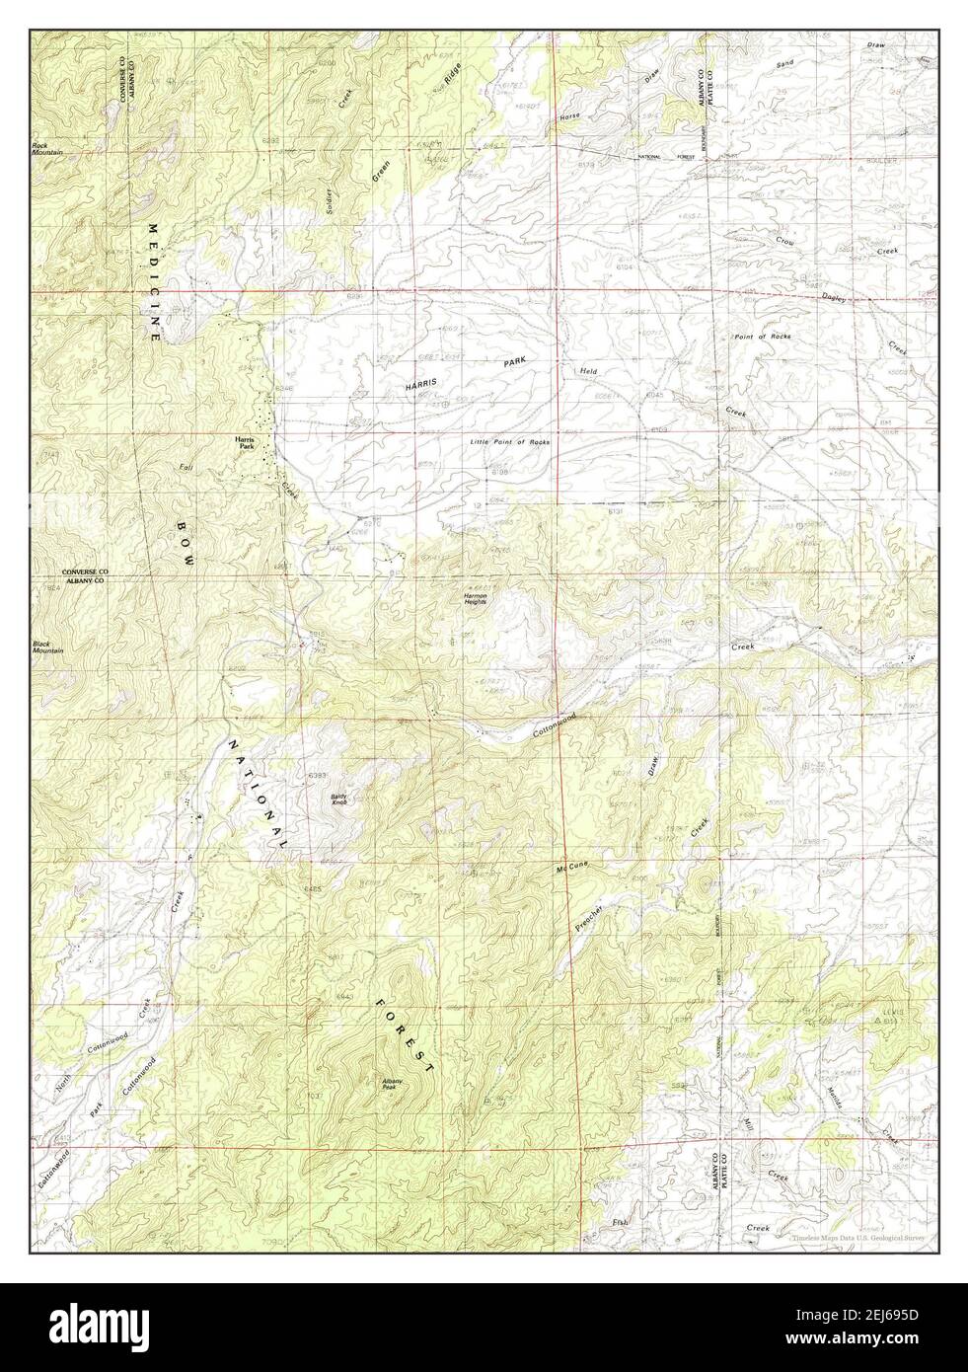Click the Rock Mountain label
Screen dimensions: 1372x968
point(46,149)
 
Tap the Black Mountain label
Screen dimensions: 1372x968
point(47,647)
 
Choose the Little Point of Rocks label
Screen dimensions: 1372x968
point(509,441)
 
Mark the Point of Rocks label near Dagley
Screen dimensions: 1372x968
point(762,337)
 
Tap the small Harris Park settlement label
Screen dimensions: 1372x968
point(244,443)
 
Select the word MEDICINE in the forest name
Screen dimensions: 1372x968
point(154,281)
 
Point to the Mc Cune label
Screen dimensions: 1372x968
point(571,867)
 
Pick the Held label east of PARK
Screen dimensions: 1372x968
point(589,371)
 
